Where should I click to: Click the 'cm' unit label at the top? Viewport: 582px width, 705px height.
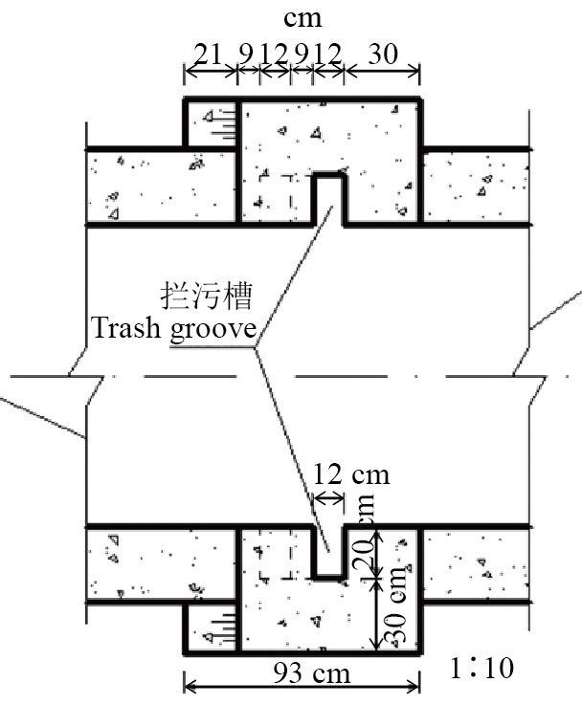click(303, 17)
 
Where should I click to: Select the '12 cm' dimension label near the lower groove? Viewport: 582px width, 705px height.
click(350, 474)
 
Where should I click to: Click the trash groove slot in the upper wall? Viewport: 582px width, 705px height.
click(328, 196)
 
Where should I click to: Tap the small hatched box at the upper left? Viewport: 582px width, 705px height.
click(212, 124)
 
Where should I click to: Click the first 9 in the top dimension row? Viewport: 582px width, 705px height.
click(247, 53)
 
